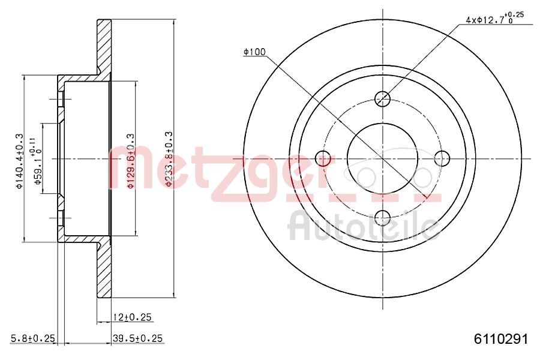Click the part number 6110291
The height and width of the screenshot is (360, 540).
pos(501,339)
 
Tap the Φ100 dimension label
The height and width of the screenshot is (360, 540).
pos(254,52)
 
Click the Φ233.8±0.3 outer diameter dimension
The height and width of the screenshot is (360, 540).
pos(170,159)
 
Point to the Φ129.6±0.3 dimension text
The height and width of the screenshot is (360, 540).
pos(130,161)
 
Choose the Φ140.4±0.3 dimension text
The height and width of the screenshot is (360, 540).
pos(19,161)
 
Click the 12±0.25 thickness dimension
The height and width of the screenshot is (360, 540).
pos(131,317)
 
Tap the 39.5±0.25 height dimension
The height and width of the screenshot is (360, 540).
pos(138,339)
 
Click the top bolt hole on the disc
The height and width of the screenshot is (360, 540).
pos(382,98)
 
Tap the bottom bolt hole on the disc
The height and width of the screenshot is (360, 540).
pos(382,218)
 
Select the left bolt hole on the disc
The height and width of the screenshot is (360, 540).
pos(323,158)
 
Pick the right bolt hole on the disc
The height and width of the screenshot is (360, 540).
pos(442,158)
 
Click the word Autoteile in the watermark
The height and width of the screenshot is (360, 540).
pos(363,227)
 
